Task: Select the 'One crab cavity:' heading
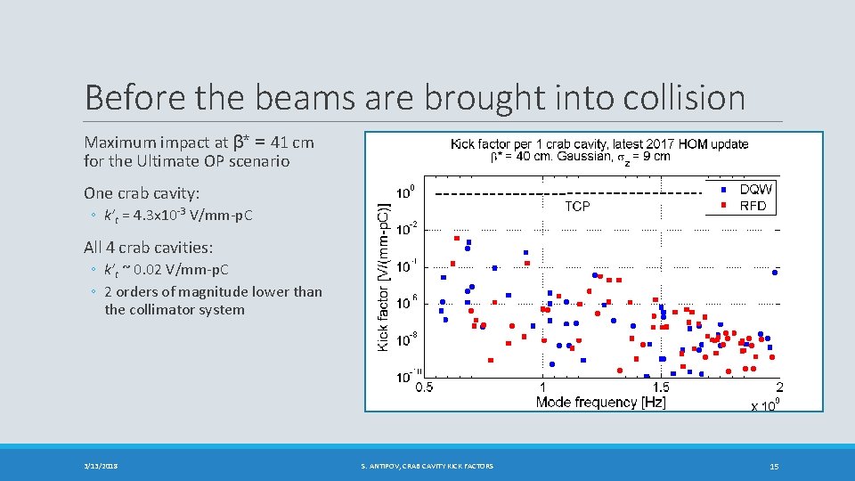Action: pos(141,193)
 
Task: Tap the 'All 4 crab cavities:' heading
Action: pos(148,247)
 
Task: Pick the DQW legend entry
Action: pos(756,190)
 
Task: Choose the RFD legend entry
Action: pos(753,206)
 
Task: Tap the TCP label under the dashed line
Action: pos(577,206)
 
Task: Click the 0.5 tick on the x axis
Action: pos(425,387)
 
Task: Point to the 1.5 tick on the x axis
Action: pos(661,387)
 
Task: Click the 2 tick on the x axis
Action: pos(779,387)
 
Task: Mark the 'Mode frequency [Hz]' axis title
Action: pos(601,403)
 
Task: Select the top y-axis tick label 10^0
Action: pos(404,192)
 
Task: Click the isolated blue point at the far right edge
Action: pos(775,273)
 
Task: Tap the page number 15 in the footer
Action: pos(775,466)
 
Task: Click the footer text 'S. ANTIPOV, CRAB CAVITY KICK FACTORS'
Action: pos(427,466)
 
